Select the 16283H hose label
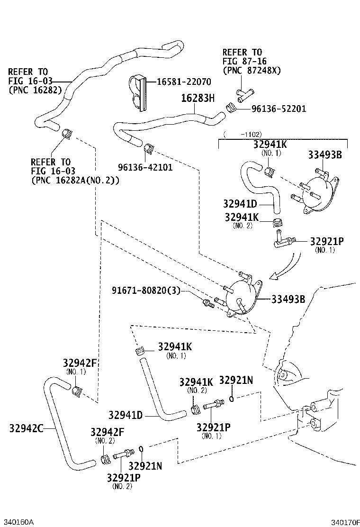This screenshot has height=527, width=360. pyautogui.click(x=198, y=99)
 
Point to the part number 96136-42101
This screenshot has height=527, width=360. pyautogui.click(x=145, y=167)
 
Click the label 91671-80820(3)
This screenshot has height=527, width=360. pyautogui.click(x=146, y=291)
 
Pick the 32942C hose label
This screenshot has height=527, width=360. pyautogui.click(x=26, y=428)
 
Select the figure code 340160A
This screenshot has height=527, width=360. pyautogui.click(x=18, y=522)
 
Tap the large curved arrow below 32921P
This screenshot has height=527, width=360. pyautogui.click(x=287, y=268)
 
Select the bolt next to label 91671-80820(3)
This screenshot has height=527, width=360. pyautogui.click(x=207, y=303)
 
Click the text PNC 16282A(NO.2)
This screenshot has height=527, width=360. pyautogui.click(x=75, y=180)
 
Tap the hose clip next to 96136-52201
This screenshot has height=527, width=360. pyautogui.click(x=231, y=109)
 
